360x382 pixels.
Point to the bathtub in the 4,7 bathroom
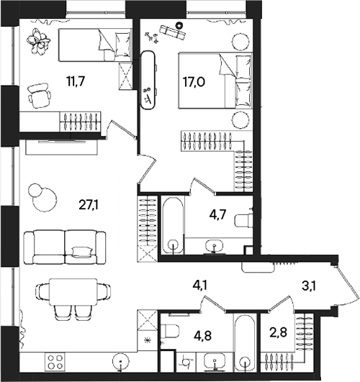click(174, 224)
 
